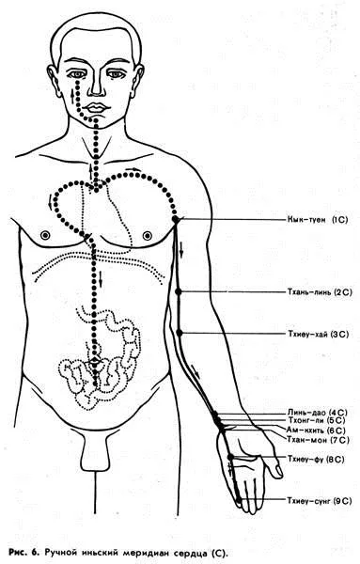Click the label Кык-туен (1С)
[x=318, y=219]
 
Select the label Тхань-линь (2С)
[x=320, y=291]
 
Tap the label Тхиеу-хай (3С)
[x=318, y=334]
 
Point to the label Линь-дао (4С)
[x=317, y=413]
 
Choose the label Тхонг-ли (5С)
[x=317, y=420]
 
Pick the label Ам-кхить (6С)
[x=316, y=430]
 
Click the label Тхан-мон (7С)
[x=318, y=439]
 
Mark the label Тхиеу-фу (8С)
[x=316, y=459]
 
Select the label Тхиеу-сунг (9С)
[x=319, y=500]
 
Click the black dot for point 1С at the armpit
[x=175, y=219]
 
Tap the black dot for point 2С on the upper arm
[x=179, y=291]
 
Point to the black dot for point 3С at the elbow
[x=180, y=334]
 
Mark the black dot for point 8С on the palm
[x=231, y=457]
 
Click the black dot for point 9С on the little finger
[x=239, y=500]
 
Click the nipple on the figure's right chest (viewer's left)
[x=45, y=236]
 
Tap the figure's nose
[x=97, y=86]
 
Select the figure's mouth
[x=95, y=107]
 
